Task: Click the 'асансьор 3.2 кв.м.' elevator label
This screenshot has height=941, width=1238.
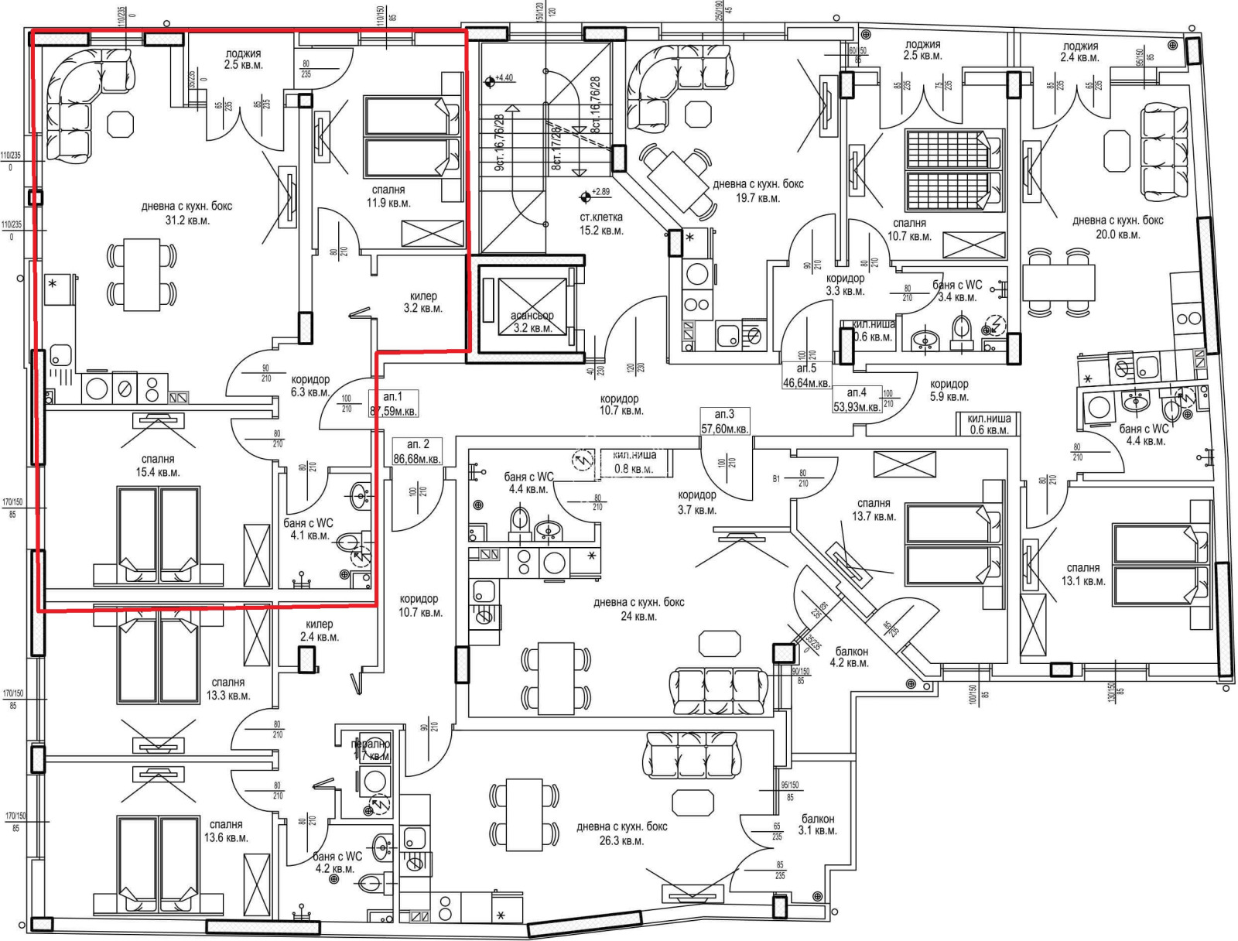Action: coord(532,322)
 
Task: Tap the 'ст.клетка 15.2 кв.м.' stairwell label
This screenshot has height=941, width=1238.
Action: coord(601,224)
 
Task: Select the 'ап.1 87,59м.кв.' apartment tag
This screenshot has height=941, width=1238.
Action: coord(393,404)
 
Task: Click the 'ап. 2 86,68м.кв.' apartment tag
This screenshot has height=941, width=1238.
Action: coord(417,451)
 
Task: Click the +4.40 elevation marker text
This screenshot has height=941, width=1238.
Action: coord(504,78)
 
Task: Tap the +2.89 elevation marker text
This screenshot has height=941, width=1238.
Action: coord(600,191)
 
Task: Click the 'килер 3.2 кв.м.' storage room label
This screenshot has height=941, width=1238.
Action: coord(422,302)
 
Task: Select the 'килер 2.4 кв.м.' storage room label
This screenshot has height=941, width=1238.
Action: coord(319,630)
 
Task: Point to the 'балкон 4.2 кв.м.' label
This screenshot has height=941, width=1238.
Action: coord(849,657)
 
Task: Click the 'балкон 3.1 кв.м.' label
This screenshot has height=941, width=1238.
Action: coord(818,824)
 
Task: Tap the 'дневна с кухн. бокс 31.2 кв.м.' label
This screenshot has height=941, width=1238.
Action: coord(186,213)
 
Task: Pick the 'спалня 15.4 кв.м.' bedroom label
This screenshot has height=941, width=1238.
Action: coord(158,465)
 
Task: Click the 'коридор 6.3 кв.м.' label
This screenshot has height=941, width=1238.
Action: coord(310,385)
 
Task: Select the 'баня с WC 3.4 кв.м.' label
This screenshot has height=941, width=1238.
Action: coord(957,290)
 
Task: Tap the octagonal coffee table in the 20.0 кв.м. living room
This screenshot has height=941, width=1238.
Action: coord(1117,150)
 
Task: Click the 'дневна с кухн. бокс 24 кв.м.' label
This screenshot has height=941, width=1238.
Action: coord(638,609)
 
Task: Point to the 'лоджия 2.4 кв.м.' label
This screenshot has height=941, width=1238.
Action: coord(1080,52)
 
